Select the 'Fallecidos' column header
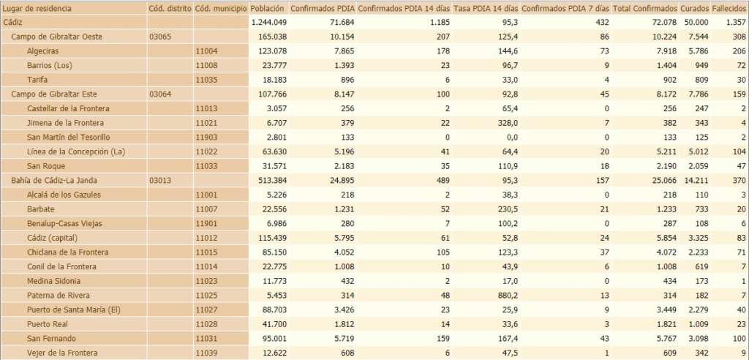[x=729, y=8]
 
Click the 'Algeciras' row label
[x=43, y=50]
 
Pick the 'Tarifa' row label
[x=39, y=79]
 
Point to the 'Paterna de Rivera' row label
[x=59, y=295]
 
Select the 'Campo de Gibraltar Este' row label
[x=54, y=94]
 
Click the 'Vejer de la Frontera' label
[x=61, y=353]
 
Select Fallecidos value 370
[x=737, y=180]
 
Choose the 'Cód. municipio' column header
[x=219, y=8]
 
